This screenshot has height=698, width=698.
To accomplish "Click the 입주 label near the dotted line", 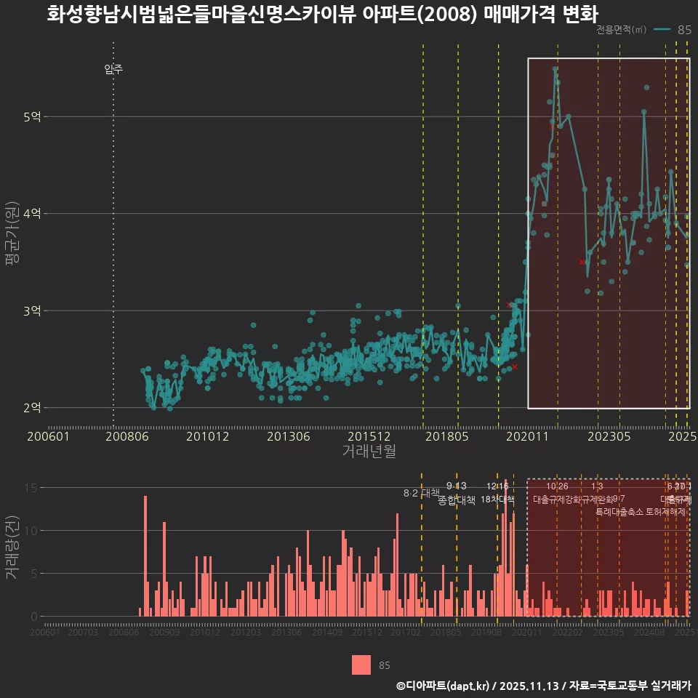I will pyautogui.click(x=113, y=70).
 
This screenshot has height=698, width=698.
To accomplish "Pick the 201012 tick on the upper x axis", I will pyautogui.click(x=207, y=437).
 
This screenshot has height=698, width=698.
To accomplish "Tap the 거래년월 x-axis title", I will pyautogui.click(x=369, y=452).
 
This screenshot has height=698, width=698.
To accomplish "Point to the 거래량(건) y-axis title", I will pyautogui.click(x=12, y=547).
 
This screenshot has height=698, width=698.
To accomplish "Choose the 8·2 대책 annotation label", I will pyautogui.click(x=417, y=493).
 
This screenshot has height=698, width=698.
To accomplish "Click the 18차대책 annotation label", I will pyautogui.click(x=497, y=500).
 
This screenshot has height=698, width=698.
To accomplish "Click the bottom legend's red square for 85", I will pyautogui.click(x=361, y=665).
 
